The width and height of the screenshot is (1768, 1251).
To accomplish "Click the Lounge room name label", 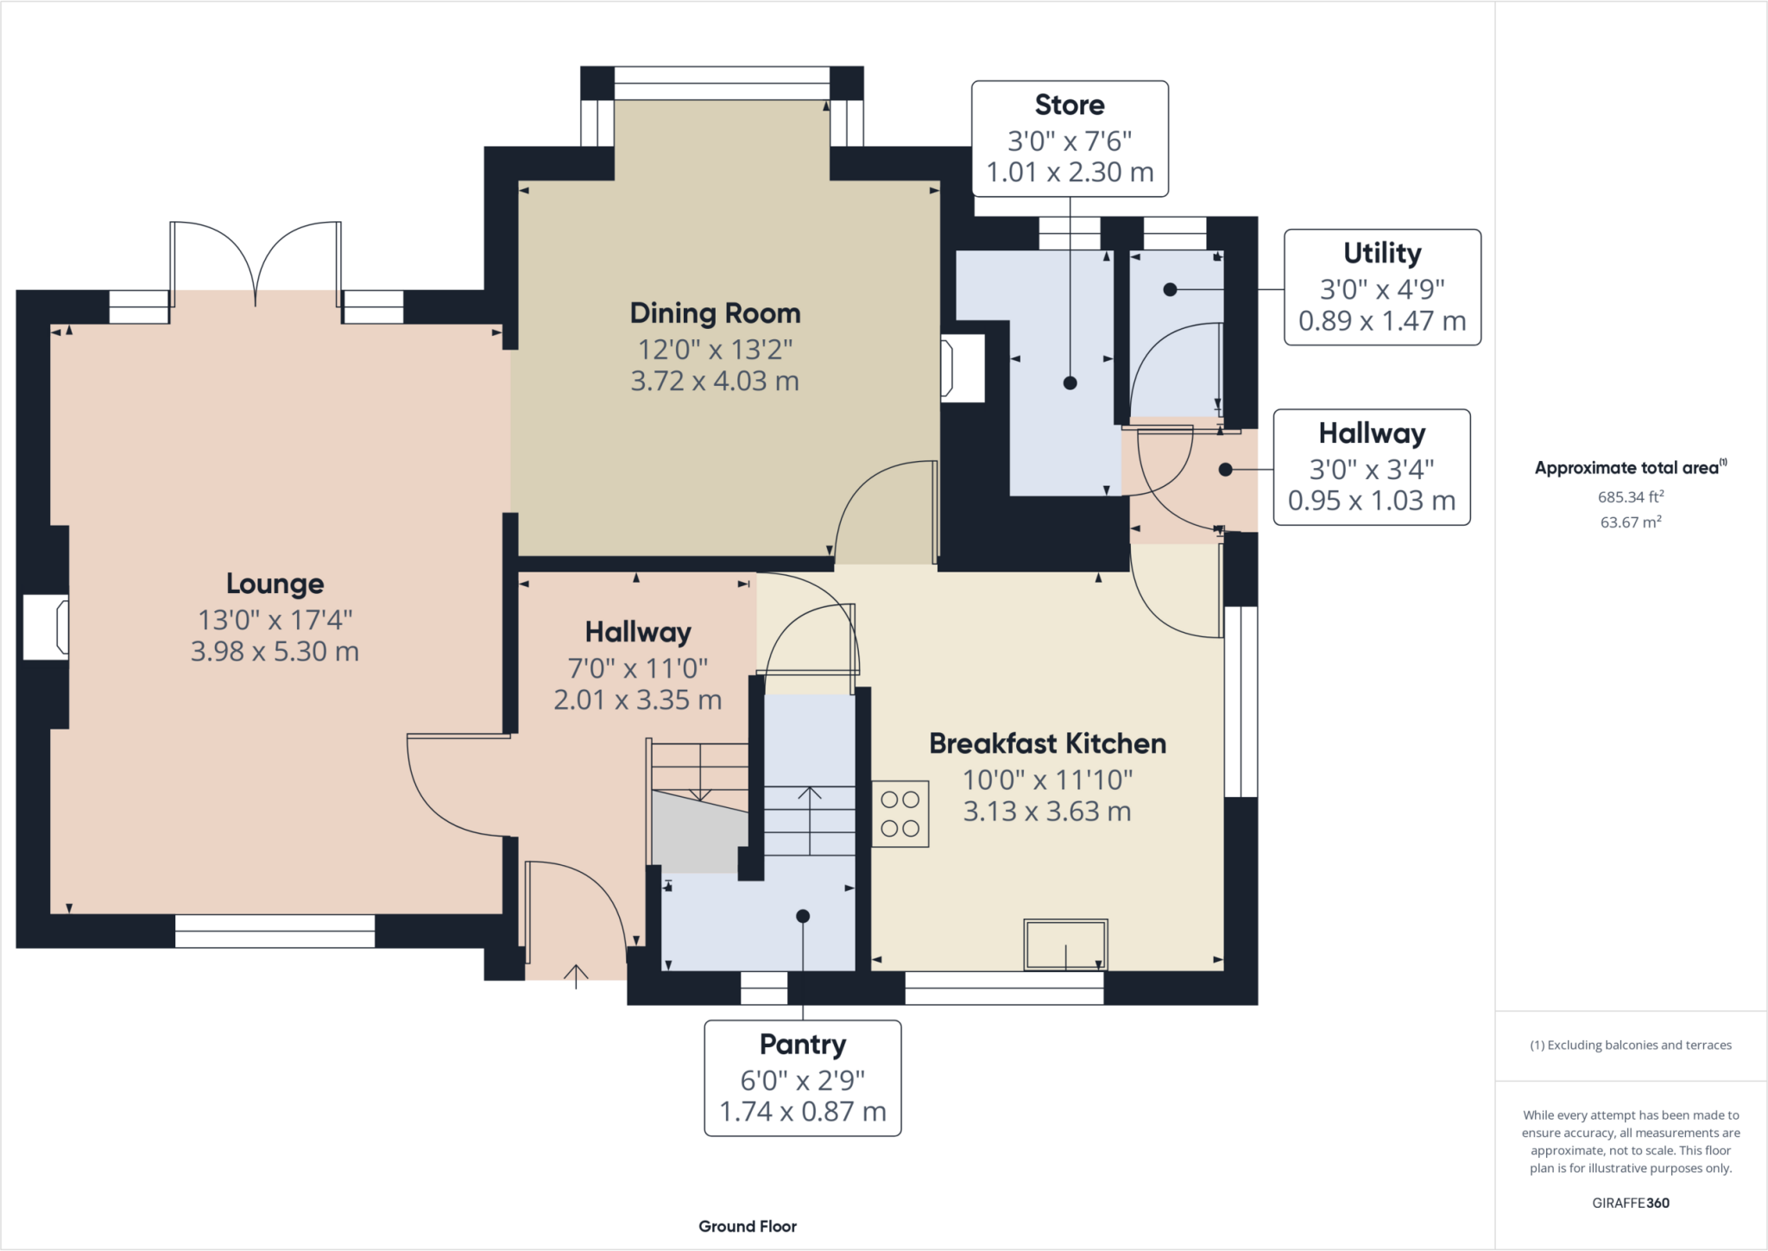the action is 275,584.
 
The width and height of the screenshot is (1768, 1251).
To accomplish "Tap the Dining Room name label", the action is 715,313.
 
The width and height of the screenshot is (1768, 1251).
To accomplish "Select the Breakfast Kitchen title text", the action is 1047,743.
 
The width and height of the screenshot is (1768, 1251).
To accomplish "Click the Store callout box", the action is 1070,139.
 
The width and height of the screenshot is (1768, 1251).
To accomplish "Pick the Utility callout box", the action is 1382,287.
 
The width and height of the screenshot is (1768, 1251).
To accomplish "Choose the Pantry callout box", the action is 803,1078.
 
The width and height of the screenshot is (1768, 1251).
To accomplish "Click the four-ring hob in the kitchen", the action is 900,814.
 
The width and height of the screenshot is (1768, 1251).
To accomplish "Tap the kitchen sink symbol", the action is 1065,945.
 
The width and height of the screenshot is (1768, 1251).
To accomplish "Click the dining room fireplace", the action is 963,368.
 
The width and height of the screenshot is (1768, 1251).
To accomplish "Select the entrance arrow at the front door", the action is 576,974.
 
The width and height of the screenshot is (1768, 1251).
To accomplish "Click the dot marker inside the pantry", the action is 803,916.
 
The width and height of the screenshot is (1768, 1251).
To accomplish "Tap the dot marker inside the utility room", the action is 1170,289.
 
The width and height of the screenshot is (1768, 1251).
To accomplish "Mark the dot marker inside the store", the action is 1070,383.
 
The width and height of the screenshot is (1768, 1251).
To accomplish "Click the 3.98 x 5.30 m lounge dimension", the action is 275,651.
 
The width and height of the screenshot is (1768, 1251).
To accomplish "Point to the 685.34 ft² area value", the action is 1631,496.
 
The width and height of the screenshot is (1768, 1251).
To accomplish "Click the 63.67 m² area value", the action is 1631,521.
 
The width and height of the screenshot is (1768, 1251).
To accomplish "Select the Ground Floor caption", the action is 748,1226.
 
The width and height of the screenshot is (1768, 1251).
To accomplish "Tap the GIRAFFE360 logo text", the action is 1631,1203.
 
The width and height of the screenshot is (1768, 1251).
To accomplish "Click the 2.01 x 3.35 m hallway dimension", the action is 638,699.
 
